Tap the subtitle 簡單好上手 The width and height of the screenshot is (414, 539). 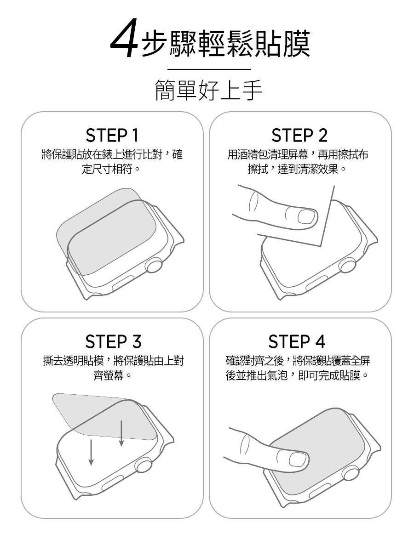pyautogui.click(x=208, y=90)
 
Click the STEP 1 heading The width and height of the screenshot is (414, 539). pyautogui.click(x=112, y=136)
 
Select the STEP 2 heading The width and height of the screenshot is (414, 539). pyautogui.click(x=299, y=136)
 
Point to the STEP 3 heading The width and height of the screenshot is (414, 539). pyautogui.click(x=113, y=342)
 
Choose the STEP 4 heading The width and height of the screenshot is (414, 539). pyautogui.click(x=297, y=342)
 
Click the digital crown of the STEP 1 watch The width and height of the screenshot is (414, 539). pyautogui.click(x=154, y=265)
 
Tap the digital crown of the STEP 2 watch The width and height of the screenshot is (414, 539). pyautogui.click(x=347, y=265)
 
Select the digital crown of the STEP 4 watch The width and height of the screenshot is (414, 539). pyautogui.click(x=351, y=473)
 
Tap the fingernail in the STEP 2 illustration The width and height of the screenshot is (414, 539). pyautogui.click(x=306, y=216)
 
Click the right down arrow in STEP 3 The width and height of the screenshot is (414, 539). pyautogui.click(x=121, y=433)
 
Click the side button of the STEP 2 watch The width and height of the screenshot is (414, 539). pyautogui.click(x=317, y=283)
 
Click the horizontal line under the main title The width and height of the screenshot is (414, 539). pyautogui.click(x=209, y=69)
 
